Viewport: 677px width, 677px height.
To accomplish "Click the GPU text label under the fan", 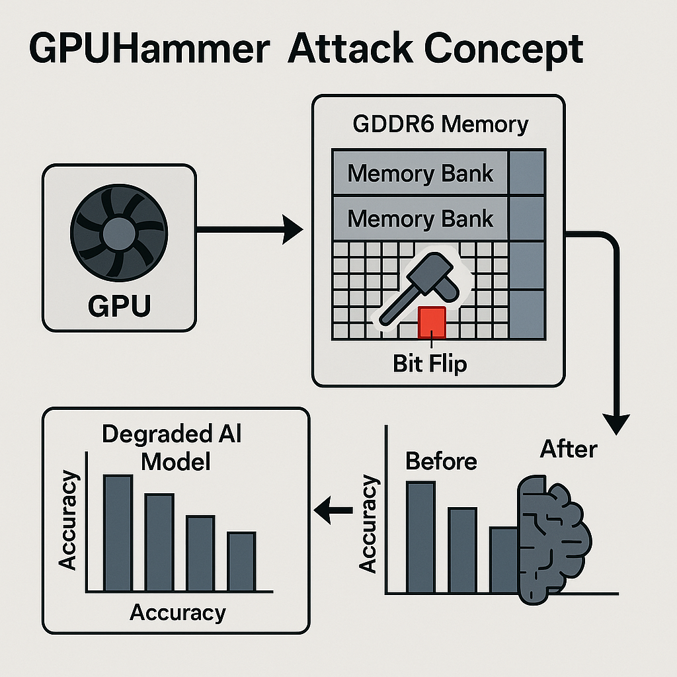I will pyautogui.click(x=119, y=305).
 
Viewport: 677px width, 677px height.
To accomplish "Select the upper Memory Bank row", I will pyautogui.click(x=420, y=173).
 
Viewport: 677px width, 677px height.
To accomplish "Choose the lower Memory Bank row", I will pyautogui.click(x=420, y=219).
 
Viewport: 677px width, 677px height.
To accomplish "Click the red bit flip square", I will pyautogui.click(x=432, y=322).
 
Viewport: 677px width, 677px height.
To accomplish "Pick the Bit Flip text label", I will pyautogui.click(x=430, y=363).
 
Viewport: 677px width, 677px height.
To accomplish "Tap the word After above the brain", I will pyautogui.click(x=569, y=449).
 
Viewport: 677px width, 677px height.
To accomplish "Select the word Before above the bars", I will pyautogui.click(x=441, y=461).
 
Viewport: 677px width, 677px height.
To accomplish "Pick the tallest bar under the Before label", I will pyautogui.click(x=420, y=537).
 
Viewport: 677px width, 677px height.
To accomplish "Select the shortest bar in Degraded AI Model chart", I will pyautogui.click(x=241, y=561).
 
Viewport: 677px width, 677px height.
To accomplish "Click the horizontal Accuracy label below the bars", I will pyautogui.click(x=178, y=612).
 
